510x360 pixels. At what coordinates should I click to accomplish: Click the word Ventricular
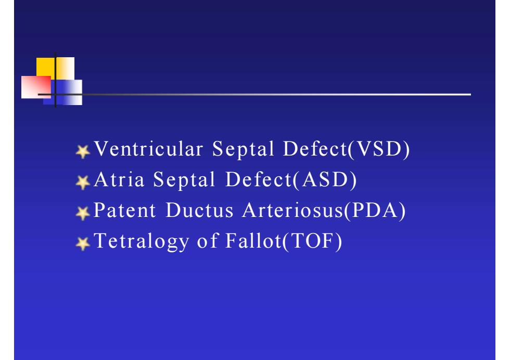click(x=149, y=149)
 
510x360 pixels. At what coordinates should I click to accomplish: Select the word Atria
click(x=119, y=179)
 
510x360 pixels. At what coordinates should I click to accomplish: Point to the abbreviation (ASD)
click(x=325, y=180)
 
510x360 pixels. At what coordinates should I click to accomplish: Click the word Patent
click(x=125, y=210)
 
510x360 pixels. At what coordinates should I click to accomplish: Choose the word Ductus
click(x=200, y=210)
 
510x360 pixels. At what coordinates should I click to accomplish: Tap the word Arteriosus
click(x=293, y=210)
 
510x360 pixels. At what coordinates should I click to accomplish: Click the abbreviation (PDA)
click(x=375, y=211)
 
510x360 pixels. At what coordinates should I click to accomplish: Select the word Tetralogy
click(x=142, y=241)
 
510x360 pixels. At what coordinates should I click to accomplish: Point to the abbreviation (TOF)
click(x=312, y=241)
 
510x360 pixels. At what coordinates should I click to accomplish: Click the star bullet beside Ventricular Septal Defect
click(x=83, y=151)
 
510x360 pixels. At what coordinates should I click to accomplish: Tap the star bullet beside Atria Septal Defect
click(x=83, y=182)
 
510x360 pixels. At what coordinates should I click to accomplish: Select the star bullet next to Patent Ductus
click(x=83, y=213)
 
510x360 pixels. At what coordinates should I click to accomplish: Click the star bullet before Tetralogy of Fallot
click(x=83, y=243)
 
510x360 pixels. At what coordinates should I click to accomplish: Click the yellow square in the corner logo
click(x=55, y=68)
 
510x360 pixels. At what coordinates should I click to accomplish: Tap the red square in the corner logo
click(x=36, y=87)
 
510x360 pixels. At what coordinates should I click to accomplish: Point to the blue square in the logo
click(x=63, y=93)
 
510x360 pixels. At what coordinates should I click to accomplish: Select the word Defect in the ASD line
click(x=259, y=179)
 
